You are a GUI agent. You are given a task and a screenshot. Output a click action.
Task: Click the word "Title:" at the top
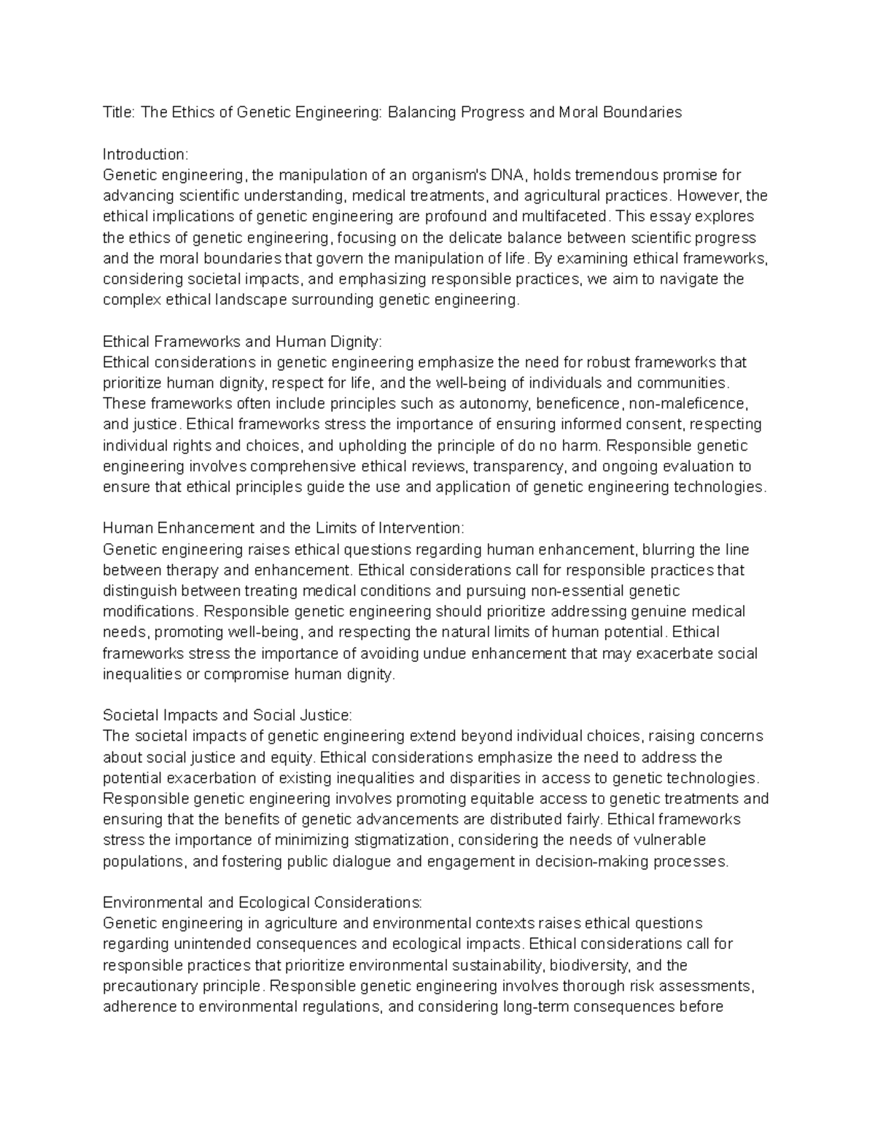[x=119, y=112]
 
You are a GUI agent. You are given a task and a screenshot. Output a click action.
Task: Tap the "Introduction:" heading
[x=145, y=155]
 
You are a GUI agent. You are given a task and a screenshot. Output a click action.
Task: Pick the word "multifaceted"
[x=564, y=216]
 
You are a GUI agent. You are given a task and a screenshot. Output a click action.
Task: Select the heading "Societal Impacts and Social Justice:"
[x=227, y=715]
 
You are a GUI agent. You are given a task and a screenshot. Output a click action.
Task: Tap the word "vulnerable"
[x=670, y=840]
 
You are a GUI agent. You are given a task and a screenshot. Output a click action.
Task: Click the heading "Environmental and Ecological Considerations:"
[x=262, y=903]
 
